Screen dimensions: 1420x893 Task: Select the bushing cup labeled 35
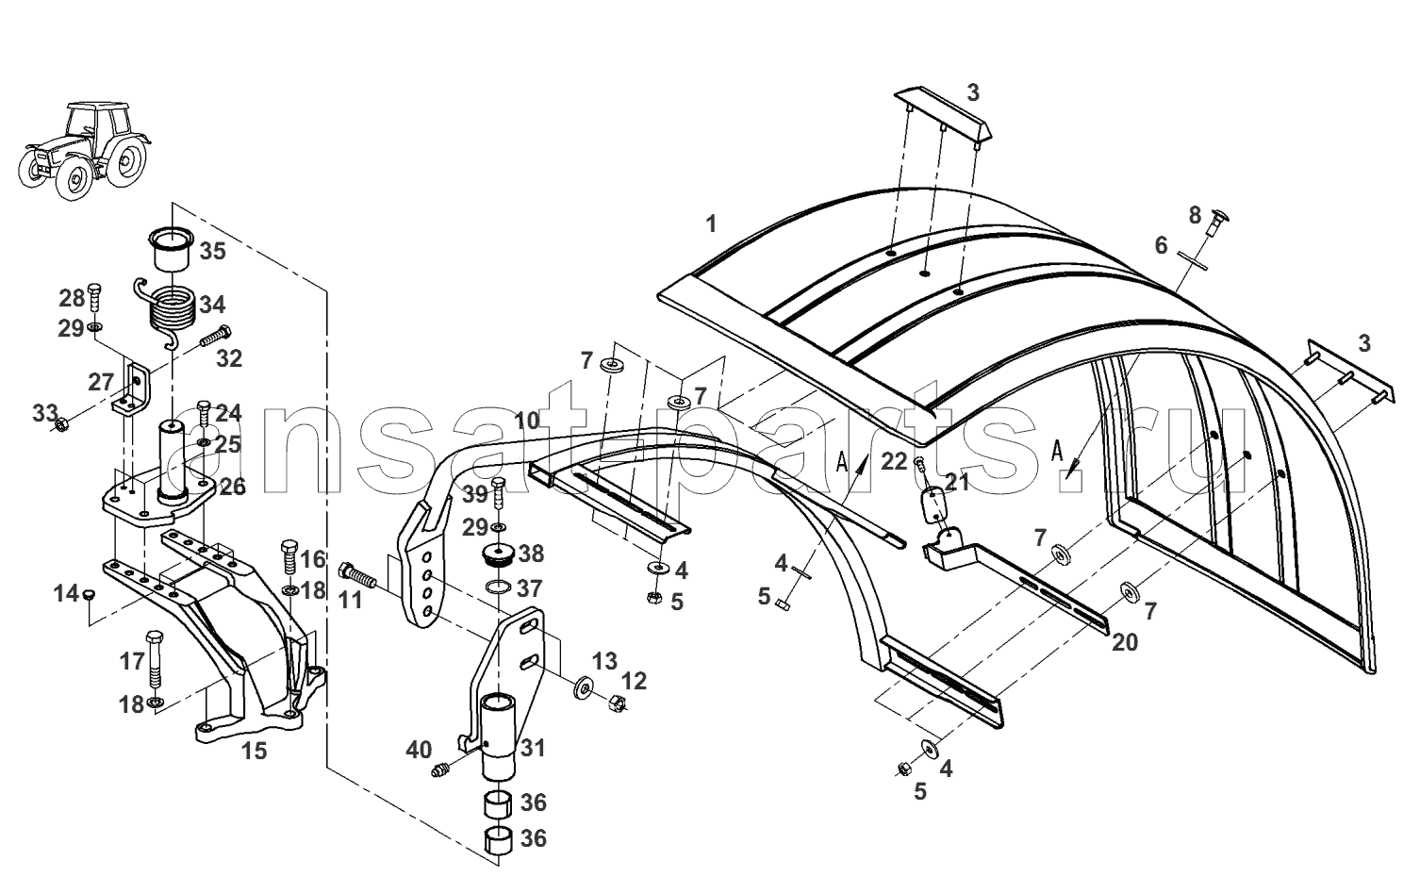click(x=171, y=250)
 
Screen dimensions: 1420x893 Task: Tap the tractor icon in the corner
click(x=84, y=150)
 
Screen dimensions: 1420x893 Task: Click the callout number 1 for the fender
click(x=711, y=223)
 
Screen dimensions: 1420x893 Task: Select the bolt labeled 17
click(x=155, y=659)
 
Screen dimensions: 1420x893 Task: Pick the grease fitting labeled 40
click(x=439, y=770)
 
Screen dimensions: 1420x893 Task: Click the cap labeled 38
click(x=498, y=555)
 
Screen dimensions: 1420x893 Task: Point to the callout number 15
click(x=254, y=751)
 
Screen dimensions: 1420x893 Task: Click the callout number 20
click(x=1125, y=643)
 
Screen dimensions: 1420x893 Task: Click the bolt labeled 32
click(x=216, y=336)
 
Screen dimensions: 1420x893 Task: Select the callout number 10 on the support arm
click(x=527, y=421)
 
